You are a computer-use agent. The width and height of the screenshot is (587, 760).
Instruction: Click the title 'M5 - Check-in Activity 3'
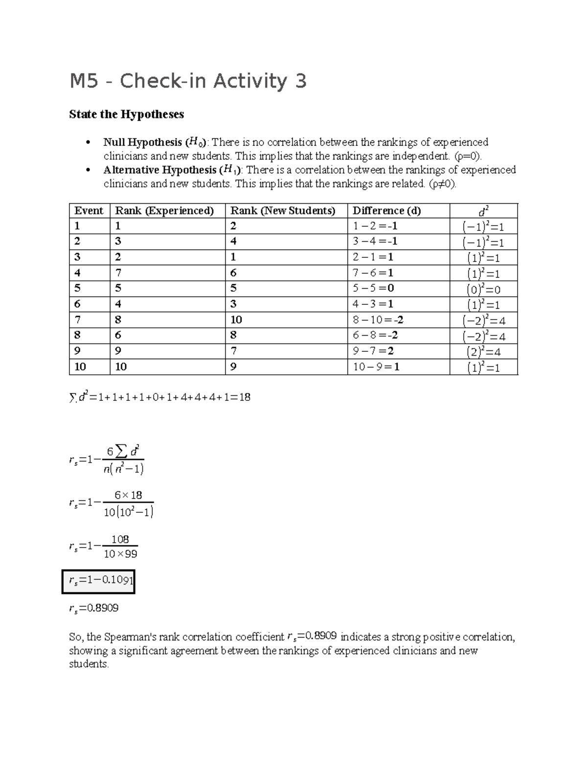pos(188,81)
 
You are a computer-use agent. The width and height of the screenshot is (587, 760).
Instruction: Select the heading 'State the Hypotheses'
pos(127,115)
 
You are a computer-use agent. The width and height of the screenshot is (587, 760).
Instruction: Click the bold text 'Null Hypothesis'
pos(142,142)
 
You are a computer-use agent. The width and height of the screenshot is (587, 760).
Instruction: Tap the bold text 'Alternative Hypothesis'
pos(160,170)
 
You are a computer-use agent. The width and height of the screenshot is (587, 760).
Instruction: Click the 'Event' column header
pos(89,211)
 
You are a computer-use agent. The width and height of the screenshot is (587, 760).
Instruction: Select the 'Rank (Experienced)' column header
pos(164,211)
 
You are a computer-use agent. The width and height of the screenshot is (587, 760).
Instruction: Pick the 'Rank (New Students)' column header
pos(283,211)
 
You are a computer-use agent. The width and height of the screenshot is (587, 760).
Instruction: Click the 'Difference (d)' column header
pos(386,211)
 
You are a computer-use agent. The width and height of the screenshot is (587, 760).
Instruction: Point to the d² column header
pos(483,211)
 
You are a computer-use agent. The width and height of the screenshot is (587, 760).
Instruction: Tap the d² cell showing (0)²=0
pos(483,289)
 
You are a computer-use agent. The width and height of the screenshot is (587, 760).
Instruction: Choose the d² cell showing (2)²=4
pos(483,351)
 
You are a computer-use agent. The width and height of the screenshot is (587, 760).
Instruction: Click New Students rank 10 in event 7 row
pos(236,320)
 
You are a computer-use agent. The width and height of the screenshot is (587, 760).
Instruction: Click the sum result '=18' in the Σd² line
pos(242,397)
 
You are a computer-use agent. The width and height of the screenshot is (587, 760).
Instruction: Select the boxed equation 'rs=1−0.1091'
pos(98,581)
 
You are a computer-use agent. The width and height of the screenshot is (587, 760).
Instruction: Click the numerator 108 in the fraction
pos(120,539)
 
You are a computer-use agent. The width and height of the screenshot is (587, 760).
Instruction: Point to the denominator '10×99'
pos(120,554)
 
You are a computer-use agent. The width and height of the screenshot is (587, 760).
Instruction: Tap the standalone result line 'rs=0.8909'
pos(94,609)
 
